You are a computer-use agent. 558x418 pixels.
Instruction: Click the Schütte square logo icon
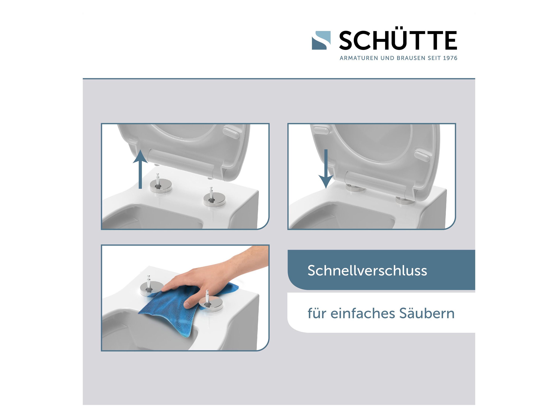(321, 40)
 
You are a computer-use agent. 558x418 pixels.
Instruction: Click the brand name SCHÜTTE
(398, 40)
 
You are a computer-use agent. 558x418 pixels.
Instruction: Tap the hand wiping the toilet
(207, 277)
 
